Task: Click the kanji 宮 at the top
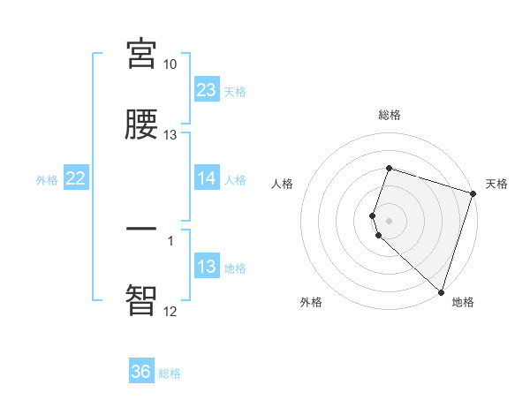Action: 141,54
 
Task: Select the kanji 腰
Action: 141,124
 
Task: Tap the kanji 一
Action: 141,229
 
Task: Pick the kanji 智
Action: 141,300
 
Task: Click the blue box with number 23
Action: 207,89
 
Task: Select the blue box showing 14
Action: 207,178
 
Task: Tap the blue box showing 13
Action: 207,267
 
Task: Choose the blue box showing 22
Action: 76,178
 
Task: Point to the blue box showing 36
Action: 141,372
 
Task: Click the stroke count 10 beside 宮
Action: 170,64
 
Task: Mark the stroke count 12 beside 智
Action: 170,311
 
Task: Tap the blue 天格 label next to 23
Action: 235,91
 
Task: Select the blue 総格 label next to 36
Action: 170,373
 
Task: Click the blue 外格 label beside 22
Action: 47,180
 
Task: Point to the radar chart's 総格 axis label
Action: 390,115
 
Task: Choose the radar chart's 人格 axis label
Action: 283,184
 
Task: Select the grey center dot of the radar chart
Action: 390,220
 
